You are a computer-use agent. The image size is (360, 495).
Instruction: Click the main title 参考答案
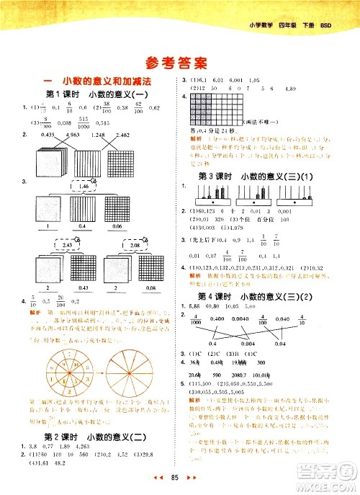pos(180,61)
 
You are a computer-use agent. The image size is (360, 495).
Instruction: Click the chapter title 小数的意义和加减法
pos(97,81)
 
